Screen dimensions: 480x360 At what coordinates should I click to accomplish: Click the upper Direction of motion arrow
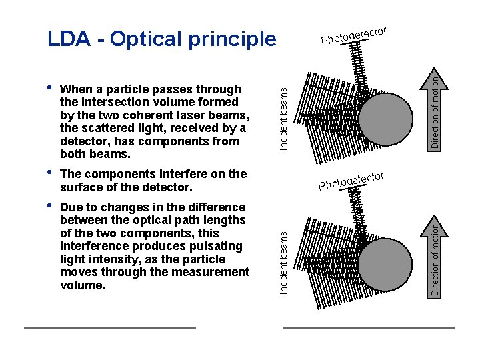[x=434, y=110]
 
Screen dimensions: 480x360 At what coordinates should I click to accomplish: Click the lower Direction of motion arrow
[x=434, y=255]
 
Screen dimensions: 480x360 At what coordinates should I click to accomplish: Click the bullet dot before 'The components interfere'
[x=51, y=173]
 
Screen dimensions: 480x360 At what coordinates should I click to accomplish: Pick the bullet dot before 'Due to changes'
[x=51, y=207]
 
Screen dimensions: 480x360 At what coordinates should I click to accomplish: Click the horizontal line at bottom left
[x=110, y=328]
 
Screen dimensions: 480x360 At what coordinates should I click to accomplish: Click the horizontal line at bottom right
[x=369, y=328]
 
